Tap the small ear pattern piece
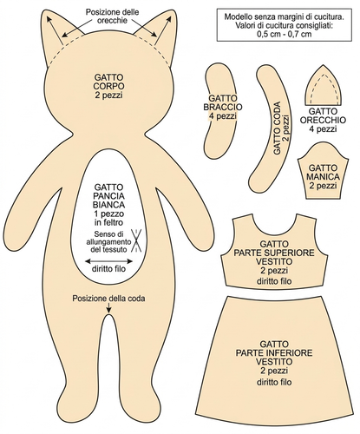[x=324, y=87]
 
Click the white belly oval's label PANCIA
[x=108, y=196]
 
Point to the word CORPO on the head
[x=108, y=86]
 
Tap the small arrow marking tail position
[x=108, y=307]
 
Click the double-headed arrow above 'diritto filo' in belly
[x=108, y=261]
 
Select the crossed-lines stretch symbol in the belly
[x=136, y=240]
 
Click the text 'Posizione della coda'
[x=108, y=299]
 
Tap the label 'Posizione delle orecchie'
[x=112, y=16]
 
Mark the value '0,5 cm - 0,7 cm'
[x=285, y=34]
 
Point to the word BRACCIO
[x=223, y=107]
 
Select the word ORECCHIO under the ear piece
[x=323, y=120]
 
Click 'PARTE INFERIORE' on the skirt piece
[x=274, y=353]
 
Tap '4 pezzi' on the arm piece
[x=223, y=116]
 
